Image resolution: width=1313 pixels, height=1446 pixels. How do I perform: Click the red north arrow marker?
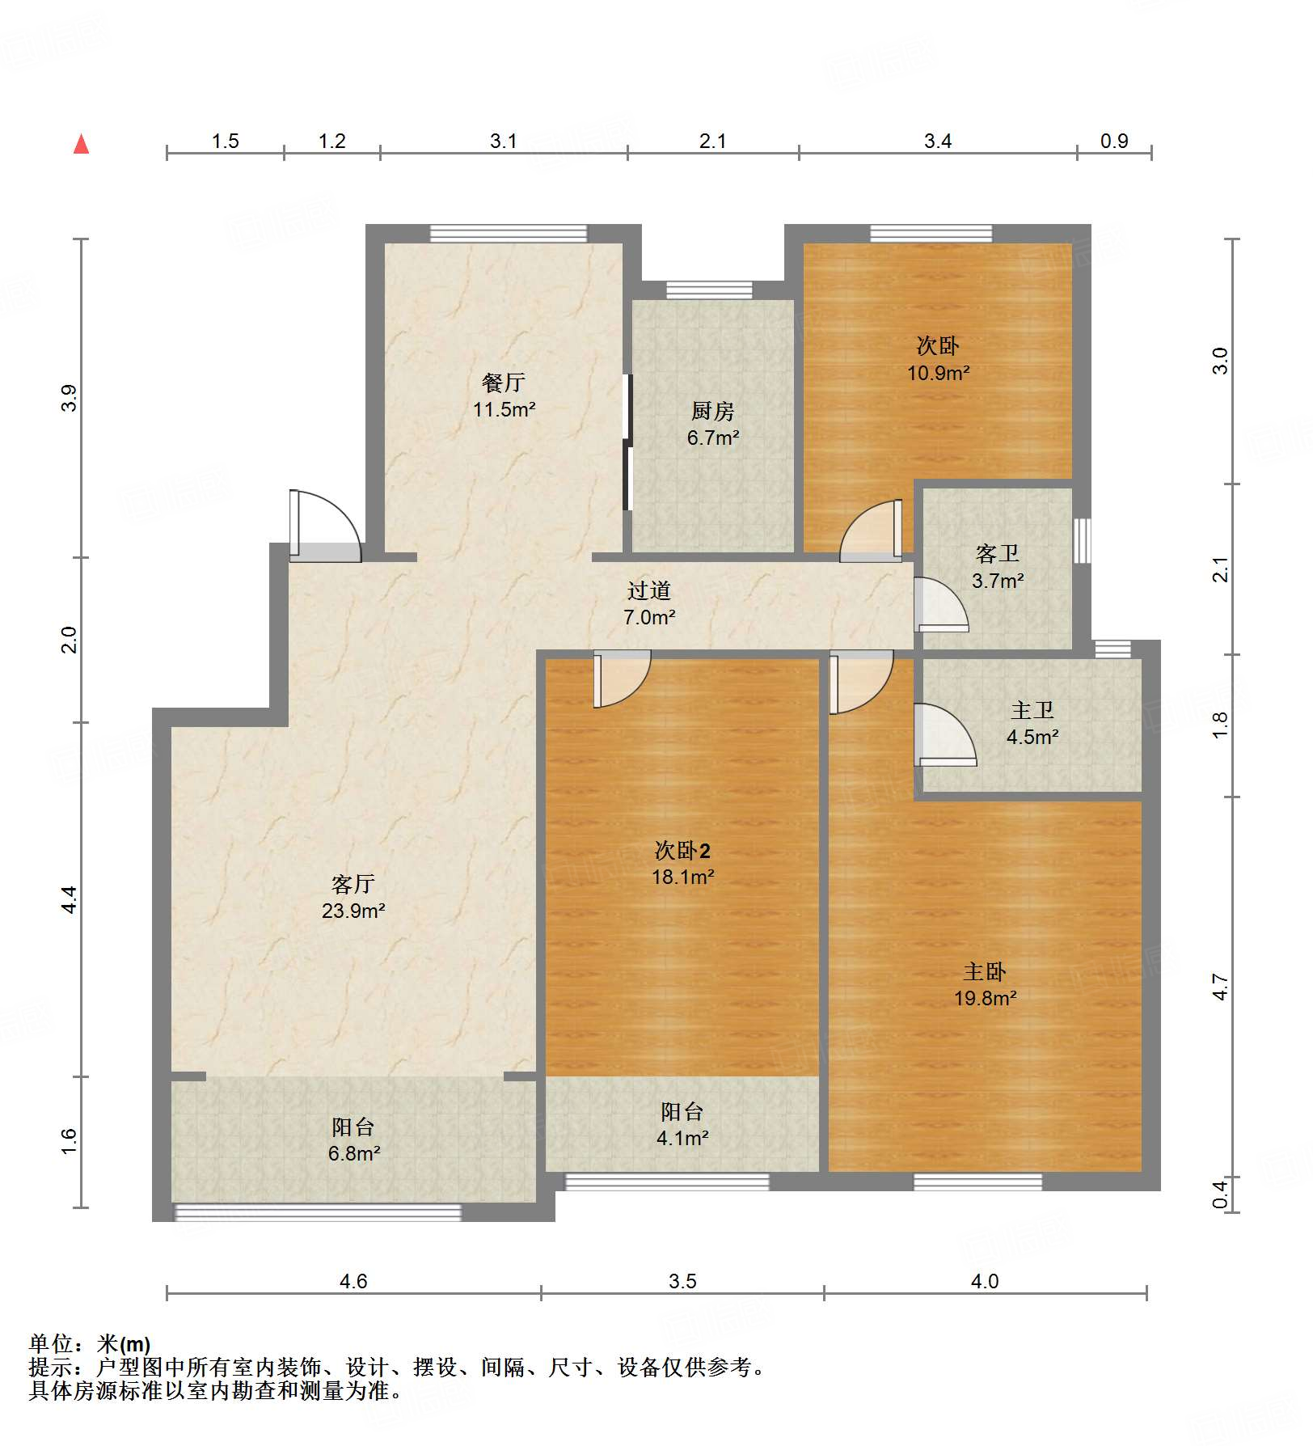click(81, 145)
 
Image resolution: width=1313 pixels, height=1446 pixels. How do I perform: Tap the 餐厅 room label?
click(504, 382)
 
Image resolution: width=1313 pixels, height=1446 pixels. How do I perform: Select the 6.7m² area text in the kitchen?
click(713, 438)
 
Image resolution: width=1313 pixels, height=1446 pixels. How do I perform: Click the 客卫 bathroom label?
click(997, 554)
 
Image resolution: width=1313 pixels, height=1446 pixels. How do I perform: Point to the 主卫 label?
click(1032, 710)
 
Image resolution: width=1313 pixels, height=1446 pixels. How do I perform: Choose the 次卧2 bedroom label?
click(682, 850)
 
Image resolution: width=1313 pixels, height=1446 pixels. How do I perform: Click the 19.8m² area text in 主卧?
click(985, 999)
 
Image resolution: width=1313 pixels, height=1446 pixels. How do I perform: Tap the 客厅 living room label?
click(353, 884)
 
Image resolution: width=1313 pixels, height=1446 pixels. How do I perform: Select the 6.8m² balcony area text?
click(354, 1154)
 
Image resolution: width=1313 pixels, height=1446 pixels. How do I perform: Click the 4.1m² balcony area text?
click(682, 1139)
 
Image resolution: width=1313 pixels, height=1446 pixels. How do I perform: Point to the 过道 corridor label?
click(649, 590)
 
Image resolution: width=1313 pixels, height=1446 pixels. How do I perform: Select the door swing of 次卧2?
click(621, 678)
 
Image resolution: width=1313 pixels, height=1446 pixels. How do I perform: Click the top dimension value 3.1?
click(503, 142)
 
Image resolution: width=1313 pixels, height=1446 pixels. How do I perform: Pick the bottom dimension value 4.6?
click(353, 1281)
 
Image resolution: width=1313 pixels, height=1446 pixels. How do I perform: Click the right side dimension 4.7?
click(1220, 987)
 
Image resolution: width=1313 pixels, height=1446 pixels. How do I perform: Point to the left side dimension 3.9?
click(70, 398)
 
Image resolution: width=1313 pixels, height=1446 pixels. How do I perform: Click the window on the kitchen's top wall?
click(709, 290)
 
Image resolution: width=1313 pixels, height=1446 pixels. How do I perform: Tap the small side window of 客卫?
click(1082, 541)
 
